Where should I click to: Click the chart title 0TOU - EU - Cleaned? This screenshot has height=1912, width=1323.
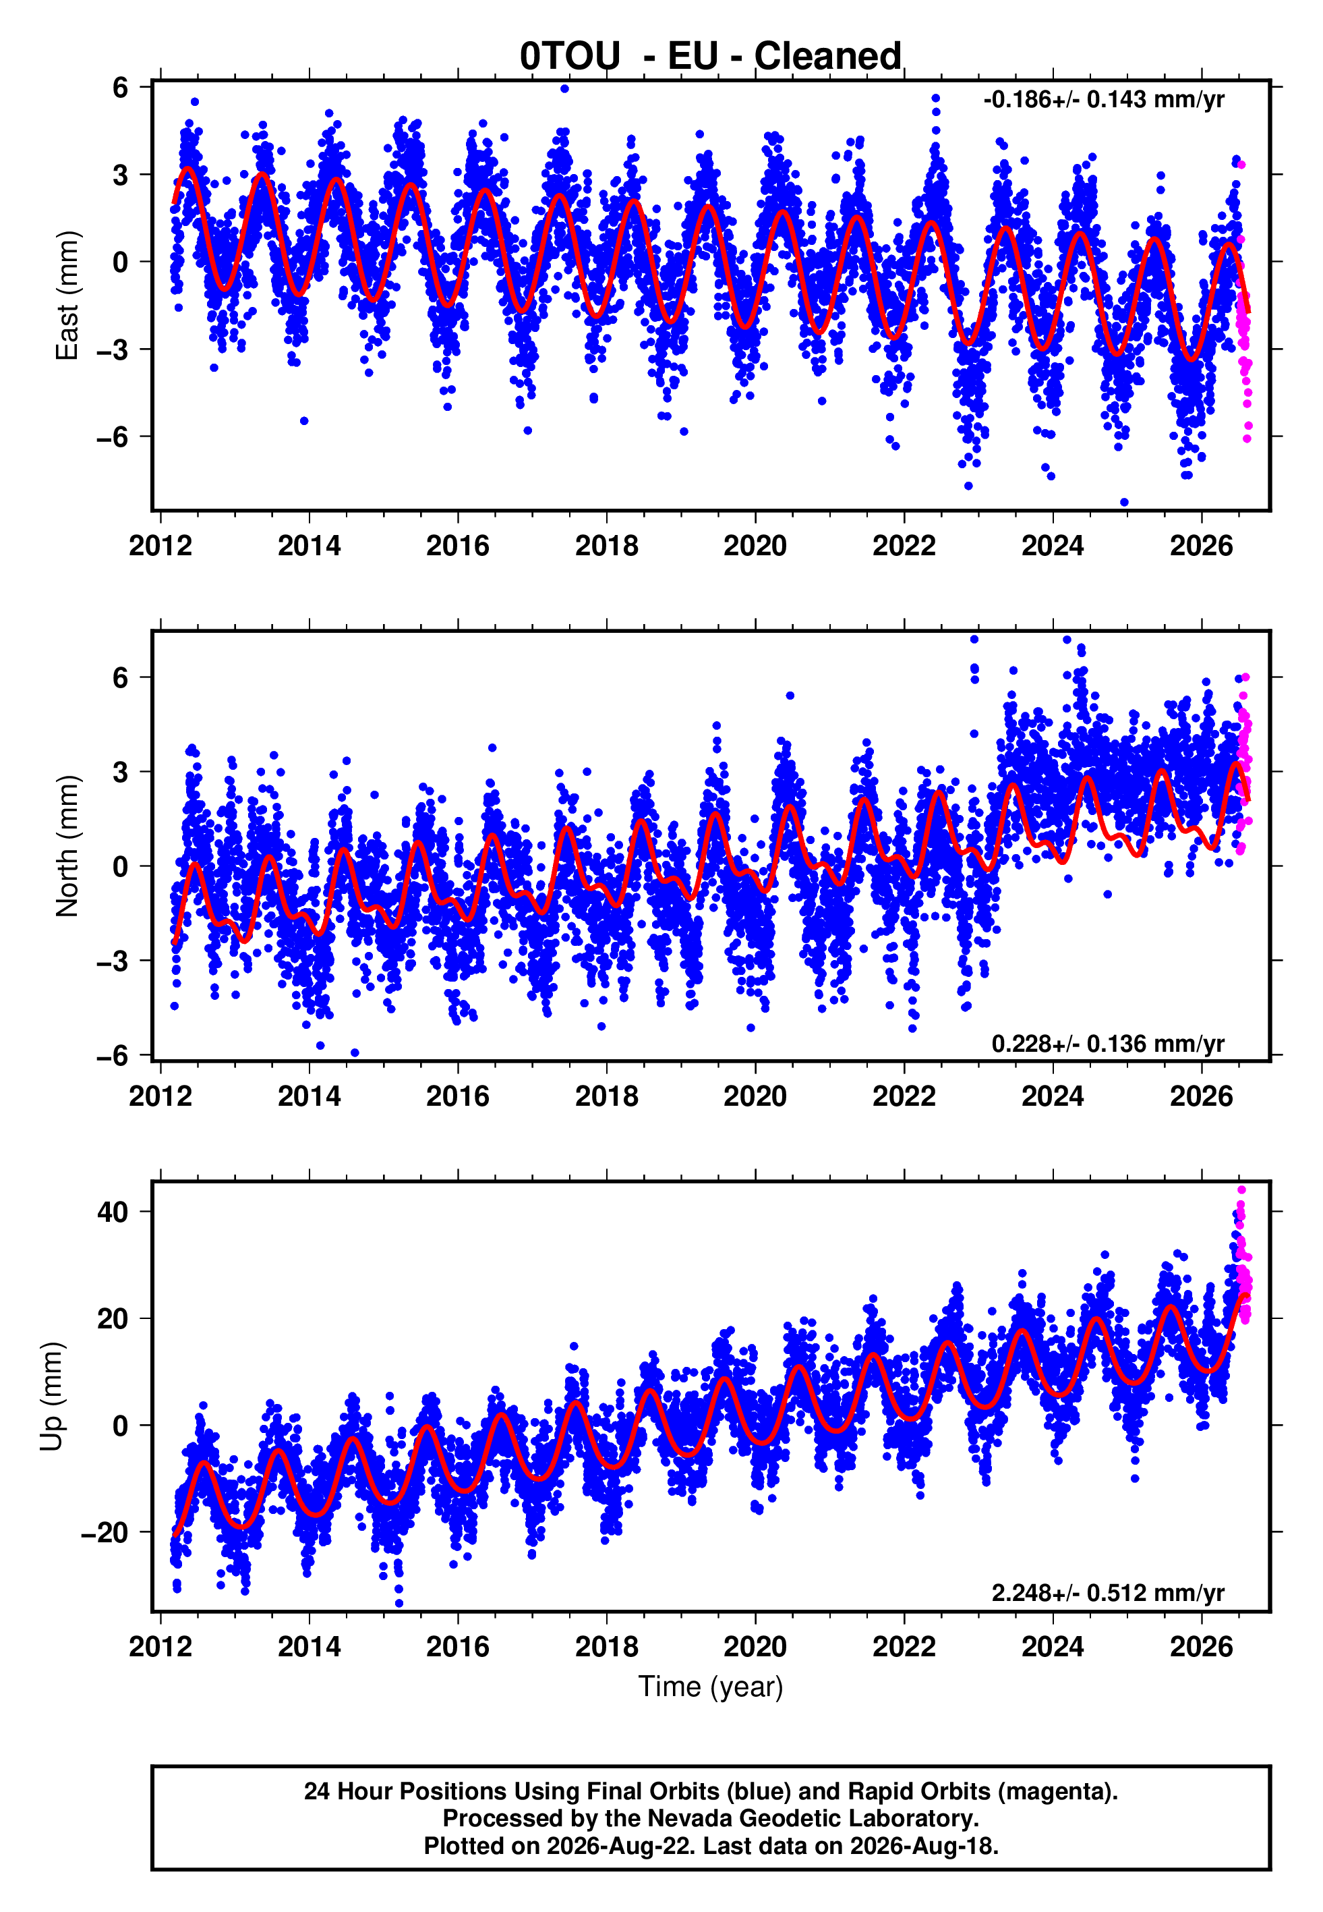pyautogui.click(x=711, y=57)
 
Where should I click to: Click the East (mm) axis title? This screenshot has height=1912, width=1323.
pyautogui.click(x=66, y=296)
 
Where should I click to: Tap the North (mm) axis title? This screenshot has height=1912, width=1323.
pyautogui.click(x=66, y=847)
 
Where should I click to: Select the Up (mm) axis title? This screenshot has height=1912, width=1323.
pyautogui.click(x=51, y=1397)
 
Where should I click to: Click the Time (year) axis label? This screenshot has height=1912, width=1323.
pyautogui.click(x=711, y=1687)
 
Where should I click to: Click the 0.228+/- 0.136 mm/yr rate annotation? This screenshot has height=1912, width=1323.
pyautogui.click(x=1109, y=1043)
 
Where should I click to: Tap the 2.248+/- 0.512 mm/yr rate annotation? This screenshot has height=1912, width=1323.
pyautogui.click(x=1109, y=1593)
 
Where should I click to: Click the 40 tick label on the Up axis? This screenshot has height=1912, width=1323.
pyautogui.click(x=113, y=1212)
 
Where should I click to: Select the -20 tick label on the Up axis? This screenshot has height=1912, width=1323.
pyautogui.click(x=105, y=1533)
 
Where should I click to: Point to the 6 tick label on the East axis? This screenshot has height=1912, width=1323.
pyautogui.click(x=121, y=87)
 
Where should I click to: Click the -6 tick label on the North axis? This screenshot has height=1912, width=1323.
pyautogui.click(x=113, y=1055)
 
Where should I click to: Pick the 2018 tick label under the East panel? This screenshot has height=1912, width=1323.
pyautogui.click(x=607, y=546)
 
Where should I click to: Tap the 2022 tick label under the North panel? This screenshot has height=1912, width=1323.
pyautogui.click(x=904, y=1096)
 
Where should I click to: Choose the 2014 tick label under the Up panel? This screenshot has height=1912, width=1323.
pyautogui.click(x=310, y=1646)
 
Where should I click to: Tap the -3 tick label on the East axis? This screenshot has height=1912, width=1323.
pyautogui.click(x=113, y=349)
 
